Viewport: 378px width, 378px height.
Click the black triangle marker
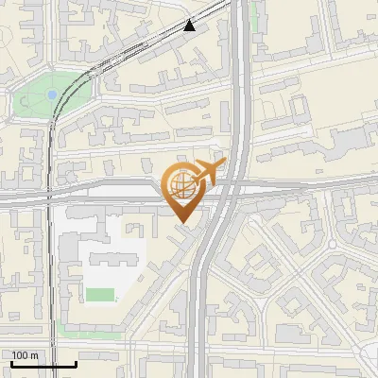[190, 26]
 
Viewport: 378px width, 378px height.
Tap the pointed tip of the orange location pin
[184, 223]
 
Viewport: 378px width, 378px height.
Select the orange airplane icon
[207, 173]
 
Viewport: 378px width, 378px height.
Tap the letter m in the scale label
[34, 355]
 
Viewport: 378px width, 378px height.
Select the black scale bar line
[43, 364]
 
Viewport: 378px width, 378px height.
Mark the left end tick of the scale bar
[11, 362]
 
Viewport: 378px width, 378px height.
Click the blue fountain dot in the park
[52, 94]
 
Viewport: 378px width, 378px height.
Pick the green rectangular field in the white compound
[99, 295]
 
